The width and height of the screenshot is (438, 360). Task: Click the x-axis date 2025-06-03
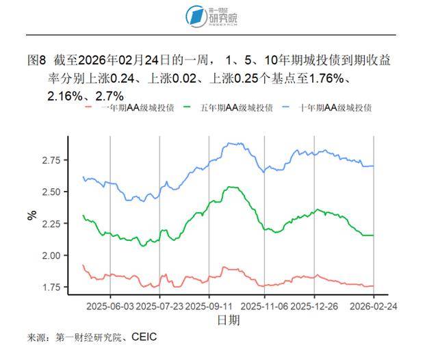(x=110, y=306)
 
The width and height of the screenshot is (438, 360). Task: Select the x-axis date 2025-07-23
(x=159, y=306)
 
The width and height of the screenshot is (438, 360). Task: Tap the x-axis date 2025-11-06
(x=263, y=306)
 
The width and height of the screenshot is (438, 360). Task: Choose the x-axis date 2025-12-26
(x=315, y=306)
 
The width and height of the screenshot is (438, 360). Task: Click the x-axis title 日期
(x=228, y=320)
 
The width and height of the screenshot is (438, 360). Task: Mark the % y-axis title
(x=31, y=214)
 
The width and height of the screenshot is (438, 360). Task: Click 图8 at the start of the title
(x=36, y=61)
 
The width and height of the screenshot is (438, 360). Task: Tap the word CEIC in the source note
(x=144, y=337)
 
